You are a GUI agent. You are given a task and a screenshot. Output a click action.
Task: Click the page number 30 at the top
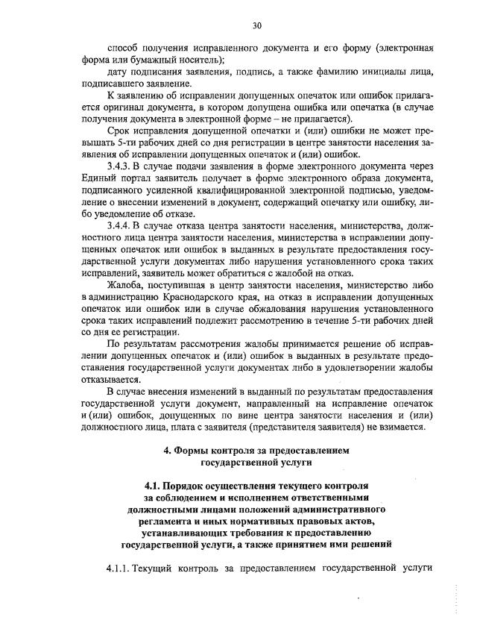(256, 25)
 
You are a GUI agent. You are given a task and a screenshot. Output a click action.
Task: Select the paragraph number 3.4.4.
(122, 223)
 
